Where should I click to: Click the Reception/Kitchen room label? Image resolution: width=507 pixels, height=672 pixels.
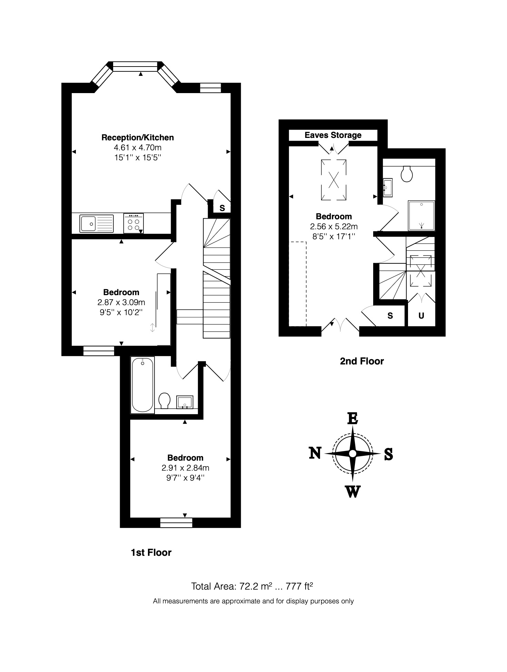138,138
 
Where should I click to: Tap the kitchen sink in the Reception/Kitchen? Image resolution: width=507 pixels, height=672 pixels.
97,223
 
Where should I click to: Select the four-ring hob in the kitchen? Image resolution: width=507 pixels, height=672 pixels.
133,223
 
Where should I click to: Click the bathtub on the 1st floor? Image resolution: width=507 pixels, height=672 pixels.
142,385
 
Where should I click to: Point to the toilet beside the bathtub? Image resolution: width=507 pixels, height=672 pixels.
164,401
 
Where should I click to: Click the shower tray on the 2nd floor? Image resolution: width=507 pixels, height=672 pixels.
421,216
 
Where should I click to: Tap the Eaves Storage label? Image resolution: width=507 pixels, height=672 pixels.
333,135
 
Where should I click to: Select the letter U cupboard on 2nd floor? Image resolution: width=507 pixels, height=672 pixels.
421,315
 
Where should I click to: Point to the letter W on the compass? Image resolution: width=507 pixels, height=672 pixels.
352,492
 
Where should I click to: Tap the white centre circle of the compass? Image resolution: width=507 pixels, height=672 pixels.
352,454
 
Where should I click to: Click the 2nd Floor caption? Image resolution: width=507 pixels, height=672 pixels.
362,361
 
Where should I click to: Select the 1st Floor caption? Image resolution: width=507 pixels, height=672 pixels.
151,553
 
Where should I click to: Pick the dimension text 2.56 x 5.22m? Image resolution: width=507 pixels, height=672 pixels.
334,227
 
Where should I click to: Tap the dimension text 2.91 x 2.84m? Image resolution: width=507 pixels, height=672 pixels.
186,468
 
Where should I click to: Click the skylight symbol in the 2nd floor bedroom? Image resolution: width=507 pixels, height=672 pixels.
334,180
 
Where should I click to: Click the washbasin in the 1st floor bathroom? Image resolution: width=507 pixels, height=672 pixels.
185,402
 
